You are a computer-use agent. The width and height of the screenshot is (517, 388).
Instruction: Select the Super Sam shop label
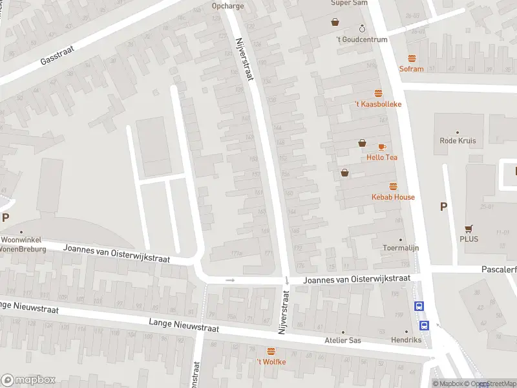click(x=350, y=3)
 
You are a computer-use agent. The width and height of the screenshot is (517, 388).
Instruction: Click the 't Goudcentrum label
click(x=362, y=39)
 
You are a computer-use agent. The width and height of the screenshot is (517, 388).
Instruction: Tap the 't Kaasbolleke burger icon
click(x=379, y=93)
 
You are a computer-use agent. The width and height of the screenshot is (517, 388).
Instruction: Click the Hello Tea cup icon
click(x=382, y=147)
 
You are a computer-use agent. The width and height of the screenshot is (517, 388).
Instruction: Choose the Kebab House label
click(x=393, y=197)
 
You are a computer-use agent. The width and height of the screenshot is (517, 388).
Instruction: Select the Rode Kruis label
click(x=458, y=140)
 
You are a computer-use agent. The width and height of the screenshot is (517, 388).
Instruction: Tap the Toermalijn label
click(x=401, y=247)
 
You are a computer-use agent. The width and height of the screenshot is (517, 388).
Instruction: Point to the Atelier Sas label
click(x=343, y=340)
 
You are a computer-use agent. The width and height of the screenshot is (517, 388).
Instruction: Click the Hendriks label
click(x=406, y=339)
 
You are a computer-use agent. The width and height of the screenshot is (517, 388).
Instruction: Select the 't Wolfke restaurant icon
click(x=271, y=351)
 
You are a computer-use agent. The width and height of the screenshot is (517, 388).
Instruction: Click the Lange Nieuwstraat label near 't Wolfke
click(x=184, y=325)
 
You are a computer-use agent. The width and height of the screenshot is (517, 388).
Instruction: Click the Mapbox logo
click(x=28, y=380)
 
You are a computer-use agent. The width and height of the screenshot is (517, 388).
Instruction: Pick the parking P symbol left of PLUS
click(x=443, y=207)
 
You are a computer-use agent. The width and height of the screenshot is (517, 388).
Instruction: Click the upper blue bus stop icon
click(x=419, y=307)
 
